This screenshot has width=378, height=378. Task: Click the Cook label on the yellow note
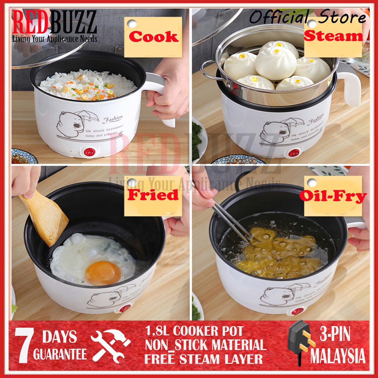coord(153,37)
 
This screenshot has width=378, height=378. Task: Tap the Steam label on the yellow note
coord(333,36)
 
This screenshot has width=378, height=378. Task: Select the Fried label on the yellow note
coord(153,195)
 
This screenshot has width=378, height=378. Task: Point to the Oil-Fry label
coord(333,196)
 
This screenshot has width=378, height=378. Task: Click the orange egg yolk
coord(103,272)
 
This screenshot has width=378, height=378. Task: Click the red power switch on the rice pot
coord(89,152)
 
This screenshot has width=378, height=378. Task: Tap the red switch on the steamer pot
coord(294,153)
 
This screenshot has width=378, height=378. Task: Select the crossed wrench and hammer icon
coord(110,346)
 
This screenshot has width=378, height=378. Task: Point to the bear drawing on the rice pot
coord(70,124)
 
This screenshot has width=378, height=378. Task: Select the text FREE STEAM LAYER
coord(204,359)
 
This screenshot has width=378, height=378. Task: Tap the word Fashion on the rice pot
coord(113,119)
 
